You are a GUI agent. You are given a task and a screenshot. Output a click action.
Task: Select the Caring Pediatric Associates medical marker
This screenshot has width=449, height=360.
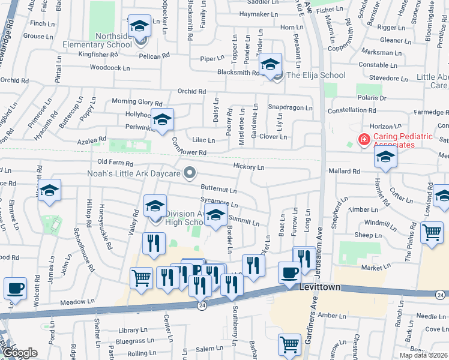pos(364,140)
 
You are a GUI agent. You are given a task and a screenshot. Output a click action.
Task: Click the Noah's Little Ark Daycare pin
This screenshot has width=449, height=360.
pos(190,173)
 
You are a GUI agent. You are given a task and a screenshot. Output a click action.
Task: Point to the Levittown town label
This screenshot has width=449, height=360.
pos(320,287)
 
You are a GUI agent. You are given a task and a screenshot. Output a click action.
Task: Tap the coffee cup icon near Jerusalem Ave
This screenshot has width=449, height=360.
pos(289,272)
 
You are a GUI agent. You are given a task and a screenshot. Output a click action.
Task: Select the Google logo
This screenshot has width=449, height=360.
pos(20,353)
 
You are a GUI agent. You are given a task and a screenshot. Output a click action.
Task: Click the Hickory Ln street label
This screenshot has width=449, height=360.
pos(249,167)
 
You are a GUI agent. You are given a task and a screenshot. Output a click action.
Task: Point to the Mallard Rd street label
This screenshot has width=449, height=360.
pos(344,171)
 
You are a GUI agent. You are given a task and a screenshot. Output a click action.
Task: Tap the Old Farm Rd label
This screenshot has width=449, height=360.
pos(115,163)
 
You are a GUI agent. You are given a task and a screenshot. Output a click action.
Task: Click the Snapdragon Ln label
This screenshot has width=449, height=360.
pos(291,108)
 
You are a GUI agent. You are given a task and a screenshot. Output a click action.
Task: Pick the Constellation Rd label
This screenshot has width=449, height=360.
pos(352,111)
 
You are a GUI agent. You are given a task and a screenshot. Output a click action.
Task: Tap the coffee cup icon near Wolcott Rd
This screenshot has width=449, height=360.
pos(15,287)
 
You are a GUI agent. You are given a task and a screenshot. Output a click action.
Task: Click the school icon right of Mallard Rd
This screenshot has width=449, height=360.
pos(385,158)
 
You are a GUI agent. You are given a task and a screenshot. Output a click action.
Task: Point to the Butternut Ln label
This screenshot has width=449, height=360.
pos(218,190)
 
